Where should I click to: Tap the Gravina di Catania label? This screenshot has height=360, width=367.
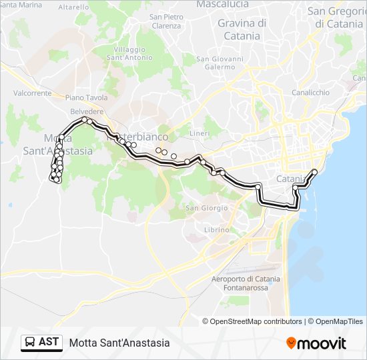tap(242, 29)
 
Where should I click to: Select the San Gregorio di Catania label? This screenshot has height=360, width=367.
tap(334, 17)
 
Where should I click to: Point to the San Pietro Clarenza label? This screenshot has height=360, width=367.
tap(166, 21)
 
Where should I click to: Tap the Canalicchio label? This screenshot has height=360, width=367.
tap(310, 92)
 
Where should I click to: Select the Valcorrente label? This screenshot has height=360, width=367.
tap(32, 93)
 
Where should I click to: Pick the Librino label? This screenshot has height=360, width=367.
tap(216, 229)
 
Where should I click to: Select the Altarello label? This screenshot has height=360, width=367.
tap(73, 7)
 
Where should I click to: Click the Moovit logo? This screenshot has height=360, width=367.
tap(316, 343)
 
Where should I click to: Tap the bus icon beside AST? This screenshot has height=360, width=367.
tap(30, 343)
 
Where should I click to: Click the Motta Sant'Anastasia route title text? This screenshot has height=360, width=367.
tap(119, 343)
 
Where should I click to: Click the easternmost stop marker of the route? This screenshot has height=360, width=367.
tap(314, 172)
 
